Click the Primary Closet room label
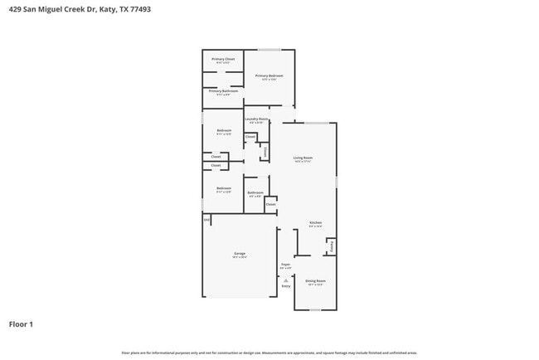(223, 60)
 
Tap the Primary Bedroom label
(269, 76)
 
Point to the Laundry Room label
(257, 119)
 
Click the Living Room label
(303, 158)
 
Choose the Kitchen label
(315, 222)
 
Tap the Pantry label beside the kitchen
(332, 246)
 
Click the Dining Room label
(315, 281)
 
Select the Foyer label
(285, 265)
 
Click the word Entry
(285, 287)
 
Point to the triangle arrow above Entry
(285, 280)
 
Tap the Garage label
(239, 254)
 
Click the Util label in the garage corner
(206, 220)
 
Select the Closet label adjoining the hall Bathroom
(270, 204)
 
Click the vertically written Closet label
(265, 152)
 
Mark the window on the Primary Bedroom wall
(269, 50)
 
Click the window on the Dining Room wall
(315, 310)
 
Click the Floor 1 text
(21, 324)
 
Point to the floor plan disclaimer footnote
(269, 353)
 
